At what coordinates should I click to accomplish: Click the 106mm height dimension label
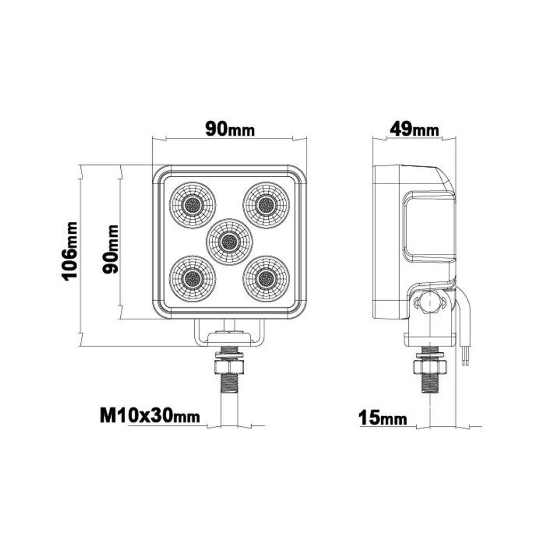coord(69,251)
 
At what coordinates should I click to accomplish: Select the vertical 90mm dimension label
coord(111,249)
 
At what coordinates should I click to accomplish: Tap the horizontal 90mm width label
coord(230,129)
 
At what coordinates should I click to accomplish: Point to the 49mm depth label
coord(414,130)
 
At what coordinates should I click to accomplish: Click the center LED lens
coord(229,241)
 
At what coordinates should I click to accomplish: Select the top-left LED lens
coord(193,205)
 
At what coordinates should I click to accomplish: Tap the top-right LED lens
coord(266,205)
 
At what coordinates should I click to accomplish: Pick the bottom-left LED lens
coord(193,278)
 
